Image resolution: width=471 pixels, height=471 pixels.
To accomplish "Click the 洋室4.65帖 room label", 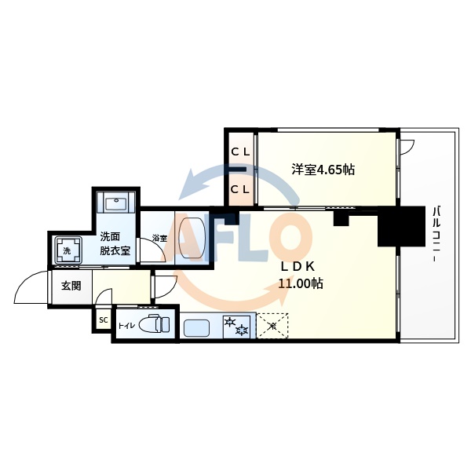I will [x=323, y=169].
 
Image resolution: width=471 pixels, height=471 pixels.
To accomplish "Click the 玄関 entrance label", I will [x=71, y=286].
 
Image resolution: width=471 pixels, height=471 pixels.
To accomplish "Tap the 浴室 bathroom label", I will [x=159, y=238].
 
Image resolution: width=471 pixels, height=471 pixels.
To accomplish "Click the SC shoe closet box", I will [x=103, y=320].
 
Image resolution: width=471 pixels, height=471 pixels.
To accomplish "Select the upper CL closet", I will [x=240, y=151].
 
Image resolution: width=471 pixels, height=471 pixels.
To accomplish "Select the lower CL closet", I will [x=240, y=188].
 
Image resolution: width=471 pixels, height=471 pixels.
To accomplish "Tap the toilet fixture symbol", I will [x=157, y=323].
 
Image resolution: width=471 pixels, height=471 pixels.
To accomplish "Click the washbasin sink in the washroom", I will [x=115, y=203].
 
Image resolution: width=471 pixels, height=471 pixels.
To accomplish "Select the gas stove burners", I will [x=236, y=326].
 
